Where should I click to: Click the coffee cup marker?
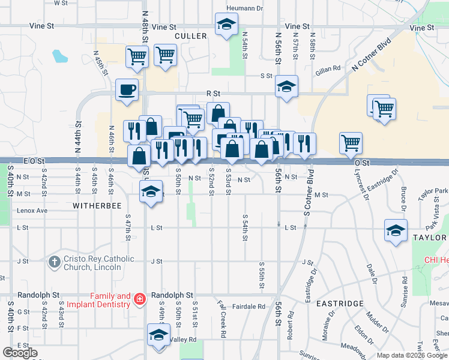pyautogui.click(x=127, y=91)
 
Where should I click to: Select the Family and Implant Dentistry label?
pyautogui.click(x=110, y=300)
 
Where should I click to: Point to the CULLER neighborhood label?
pyautogui.click(x=190, y=37)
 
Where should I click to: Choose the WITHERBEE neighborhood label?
pyautogui.click(x=97, y=205)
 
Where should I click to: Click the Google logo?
pyautogui.click(x=20, y=353)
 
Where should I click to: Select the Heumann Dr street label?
pyautogui.click(x=245, y=8)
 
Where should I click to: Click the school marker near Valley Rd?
pyautogui.click(x=158, y=335)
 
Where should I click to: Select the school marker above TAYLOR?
pyautogui.click(x=396, y=231)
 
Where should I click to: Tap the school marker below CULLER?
pyautogui.click(x=226, y=25)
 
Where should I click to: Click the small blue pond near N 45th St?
pyautogui.click(x=60, y=56)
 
